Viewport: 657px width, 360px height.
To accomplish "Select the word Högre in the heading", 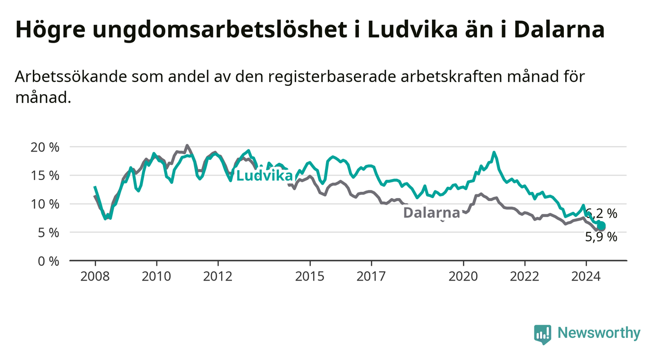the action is click(x=51, y=30).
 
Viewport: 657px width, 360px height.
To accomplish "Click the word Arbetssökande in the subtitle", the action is click(x=71, y=77).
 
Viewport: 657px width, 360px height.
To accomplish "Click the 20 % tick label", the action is click(x=45, y=147).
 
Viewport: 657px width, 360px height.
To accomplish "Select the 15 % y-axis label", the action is click(x=45, y=176).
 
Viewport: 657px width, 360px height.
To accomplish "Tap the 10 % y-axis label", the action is click(x=45, y=204).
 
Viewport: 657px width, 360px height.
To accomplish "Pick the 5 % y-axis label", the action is click(x=49, y=232).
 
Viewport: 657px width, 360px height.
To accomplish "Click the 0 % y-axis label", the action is click(x=49, y=261).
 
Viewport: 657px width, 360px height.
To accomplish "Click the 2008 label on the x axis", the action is click(x=95, y=277).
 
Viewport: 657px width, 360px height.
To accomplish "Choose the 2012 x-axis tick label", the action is click(x=218, y=277).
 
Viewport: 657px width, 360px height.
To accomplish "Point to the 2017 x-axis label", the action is click(x=371, y=277).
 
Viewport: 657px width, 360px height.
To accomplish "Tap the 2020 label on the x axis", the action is click(x=463, y=277).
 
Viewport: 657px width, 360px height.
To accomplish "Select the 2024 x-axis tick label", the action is click(x=586, y=277).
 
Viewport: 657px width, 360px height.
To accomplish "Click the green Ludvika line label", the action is click(x=264, y=176).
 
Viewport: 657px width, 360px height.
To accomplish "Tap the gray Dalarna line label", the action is click(x=432, y=212).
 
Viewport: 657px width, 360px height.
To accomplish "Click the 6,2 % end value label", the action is click(x=601, y=213).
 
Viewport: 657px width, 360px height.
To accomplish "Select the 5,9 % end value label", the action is click(x=601, y=237).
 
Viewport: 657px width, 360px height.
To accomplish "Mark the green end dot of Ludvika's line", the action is click(x=601, y=225).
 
